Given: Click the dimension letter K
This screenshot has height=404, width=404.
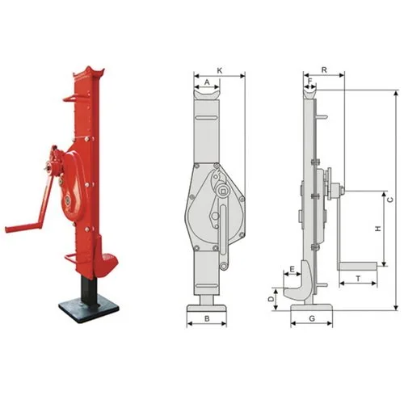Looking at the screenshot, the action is [x=220, y=70].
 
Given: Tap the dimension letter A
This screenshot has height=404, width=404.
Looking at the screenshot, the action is [x=207, y=82].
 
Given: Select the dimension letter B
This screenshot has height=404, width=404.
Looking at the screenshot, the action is [x=207, y=318].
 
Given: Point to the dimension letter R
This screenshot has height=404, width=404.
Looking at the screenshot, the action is [x=324, y=70].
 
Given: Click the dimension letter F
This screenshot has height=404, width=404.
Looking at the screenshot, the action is [x=309, y=81].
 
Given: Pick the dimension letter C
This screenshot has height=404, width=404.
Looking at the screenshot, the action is [x=389, y=200].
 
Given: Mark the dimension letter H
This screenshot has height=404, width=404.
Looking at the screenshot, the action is [x=378, y=229].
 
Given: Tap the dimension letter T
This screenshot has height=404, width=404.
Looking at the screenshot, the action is [x=358, y=279].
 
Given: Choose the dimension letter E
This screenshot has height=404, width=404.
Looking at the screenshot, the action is [x=292, y=269].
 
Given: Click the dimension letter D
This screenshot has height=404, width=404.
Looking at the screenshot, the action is [x=271, y=299].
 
